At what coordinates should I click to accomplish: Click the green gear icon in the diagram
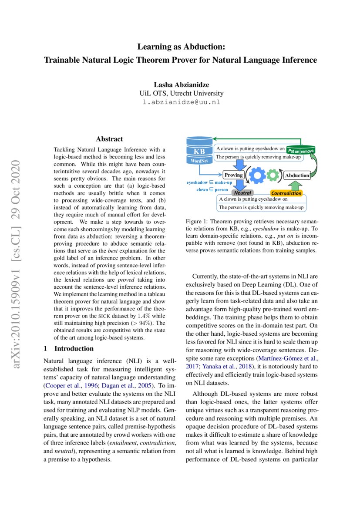273,175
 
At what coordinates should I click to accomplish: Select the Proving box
233,175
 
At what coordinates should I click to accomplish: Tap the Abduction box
296,175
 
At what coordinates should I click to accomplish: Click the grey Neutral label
242,192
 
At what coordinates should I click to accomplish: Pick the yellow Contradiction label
286,193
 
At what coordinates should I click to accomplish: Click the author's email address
181,103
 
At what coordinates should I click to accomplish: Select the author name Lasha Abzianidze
181,84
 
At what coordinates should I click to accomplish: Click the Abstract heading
109,139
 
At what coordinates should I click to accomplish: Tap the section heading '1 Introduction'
69,348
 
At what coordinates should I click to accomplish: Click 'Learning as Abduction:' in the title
180,46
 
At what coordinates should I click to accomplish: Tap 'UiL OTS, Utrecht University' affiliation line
181,94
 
